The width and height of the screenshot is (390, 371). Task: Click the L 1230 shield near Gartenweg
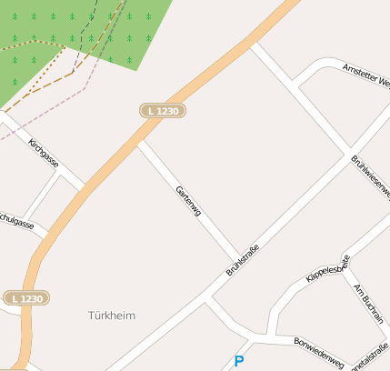[x=164, y=110]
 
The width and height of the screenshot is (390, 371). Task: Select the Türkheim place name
[x=112, y=316]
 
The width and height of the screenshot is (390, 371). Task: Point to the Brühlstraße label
[x=243, y=260]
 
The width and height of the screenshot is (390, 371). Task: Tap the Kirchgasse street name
[x=44, y=154]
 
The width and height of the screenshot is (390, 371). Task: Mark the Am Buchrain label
[x=368, y=304]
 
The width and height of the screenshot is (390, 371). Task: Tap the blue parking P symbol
[x=239, y=361]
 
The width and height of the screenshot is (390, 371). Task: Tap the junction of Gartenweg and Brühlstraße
[x=239, y=256]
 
